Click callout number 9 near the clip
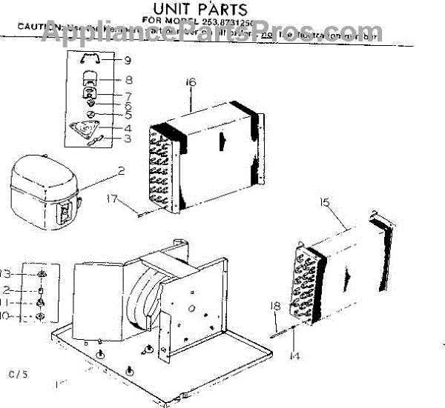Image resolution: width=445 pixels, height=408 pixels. click(128, 59)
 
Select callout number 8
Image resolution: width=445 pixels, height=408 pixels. click(128, 80)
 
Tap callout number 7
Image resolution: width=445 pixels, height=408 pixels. click(128, 96)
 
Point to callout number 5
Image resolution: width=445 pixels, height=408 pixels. click(128, 115)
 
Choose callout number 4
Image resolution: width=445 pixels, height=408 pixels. click(128, 127)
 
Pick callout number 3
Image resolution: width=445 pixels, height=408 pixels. click(128, 138)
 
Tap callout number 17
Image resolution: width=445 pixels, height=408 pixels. click(111, 198)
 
